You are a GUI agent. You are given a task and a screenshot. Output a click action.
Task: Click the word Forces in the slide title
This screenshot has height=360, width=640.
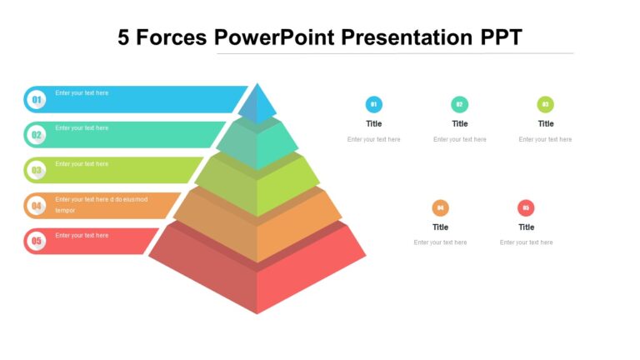pyautogui.click(x=171, y=37)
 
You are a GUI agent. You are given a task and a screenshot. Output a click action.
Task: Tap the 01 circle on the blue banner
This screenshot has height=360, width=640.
pyautogui.click(x=37, y=100)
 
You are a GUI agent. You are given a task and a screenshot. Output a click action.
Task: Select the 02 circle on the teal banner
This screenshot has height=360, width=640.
pyautogui.click(x=37, y=135)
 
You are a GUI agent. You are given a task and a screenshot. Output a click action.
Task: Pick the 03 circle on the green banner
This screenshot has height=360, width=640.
pyautogui.click(x=37, y=171)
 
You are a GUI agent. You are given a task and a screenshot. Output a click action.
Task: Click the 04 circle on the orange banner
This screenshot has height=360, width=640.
pyautogui.click(x=37, y=206)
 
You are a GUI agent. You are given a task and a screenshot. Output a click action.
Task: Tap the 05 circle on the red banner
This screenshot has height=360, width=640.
pyautogui.click(x=37, y=242)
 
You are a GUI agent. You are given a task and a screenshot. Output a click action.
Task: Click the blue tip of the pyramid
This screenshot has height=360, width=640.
pyautogui.click(x=257, y=105)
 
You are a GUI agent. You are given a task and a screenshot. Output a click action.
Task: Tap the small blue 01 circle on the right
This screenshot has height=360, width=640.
pyautogui.click(x=374, y=104)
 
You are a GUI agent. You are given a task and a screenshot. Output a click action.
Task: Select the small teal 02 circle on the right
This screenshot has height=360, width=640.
pyautogui.click(x=460, y=104)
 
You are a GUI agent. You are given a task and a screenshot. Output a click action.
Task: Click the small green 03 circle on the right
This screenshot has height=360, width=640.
pyautogui.click(x=546, y=104)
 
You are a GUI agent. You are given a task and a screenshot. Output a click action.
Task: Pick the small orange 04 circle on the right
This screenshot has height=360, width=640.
pyautogui.click(x=441, y=207)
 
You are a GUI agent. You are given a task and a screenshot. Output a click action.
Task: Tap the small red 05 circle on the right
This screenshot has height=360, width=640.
pyautogui.click(x=526, y=207)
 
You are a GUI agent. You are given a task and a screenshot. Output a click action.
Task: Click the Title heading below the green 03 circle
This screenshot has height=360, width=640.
pyautogui.click(x=546, y=123)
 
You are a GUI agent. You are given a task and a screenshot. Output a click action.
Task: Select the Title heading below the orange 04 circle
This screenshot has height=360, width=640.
pyautogui.click(x=441, y=227)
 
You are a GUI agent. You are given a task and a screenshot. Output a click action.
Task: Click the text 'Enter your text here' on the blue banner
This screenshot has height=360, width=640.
pyautogui.click(x=82, y=93)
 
